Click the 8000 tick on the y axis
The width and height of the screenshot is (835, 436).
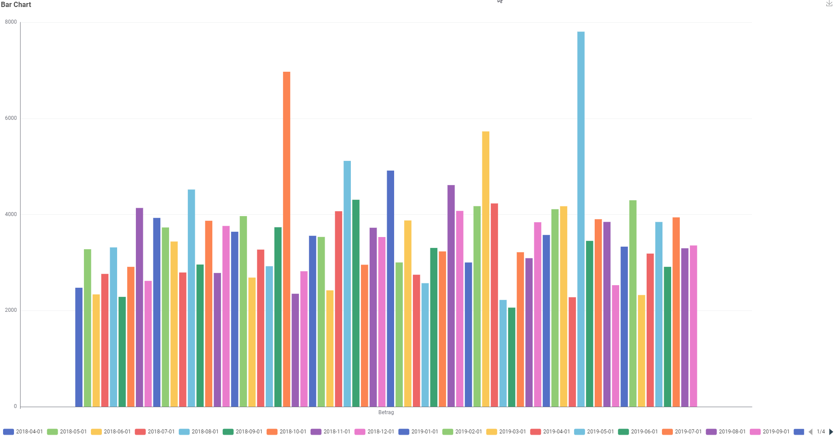11,22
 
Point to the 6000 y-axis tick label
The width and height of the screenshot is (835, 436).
11,118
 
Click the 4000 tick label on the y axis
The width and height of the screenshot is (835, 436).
11,214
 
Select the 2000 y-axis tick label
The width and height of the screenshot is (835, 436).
11,310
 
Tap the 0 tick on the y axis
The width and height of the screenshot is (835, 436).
15,406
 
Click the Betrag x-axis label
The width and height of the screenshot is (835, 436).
386,412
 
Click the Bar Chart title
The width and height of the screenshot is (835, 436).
16,5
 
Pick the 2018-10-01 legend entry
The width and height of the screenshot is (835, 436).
287,432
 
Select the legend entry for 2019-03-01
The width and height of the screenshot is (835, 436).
506,432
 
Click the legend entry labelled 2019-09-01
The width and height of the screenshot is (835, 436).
770,432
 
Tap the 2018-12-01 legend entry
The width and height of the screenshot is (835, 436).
374,432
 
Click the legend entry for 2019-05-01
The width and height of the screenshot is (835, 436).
594,432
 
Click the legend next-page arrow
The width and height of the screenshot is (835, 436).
831,432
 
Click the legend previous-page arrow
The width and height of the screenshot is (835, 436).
811,432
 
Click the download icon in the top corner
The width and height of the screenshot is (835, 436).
829,3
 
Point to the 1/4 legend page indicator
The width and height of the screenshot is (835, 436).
821,432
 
